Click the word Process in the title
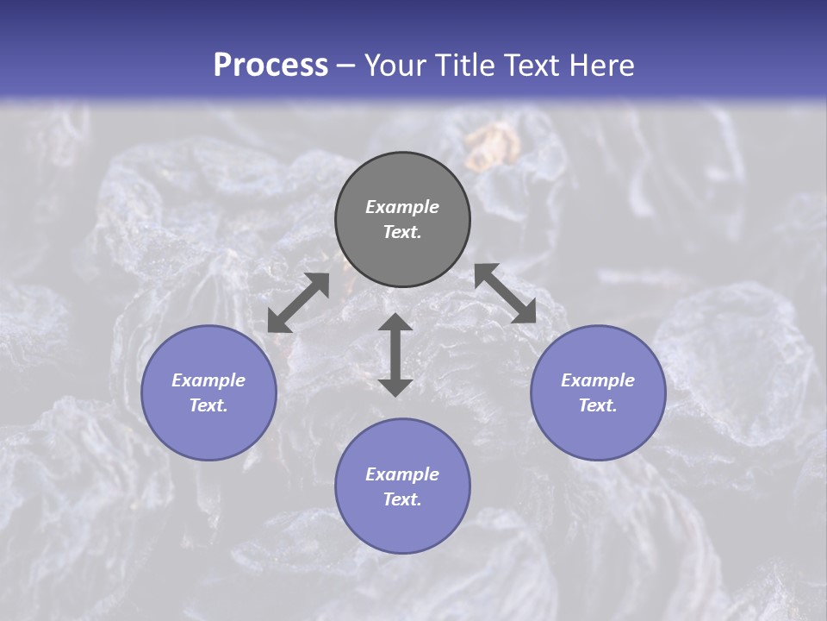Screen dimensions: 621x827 click(x=270, y=66)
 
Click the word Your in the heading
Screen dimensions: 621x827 click(x=393, y=66)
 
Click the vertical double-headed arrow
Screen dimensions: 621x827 click(x=395, y=354)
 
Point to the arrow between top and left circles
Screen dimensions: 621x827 click(x=298, y=303)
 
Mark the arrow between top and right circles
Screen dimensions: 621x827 click(x=505, y=293)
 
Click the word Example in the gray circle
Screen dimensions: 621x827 click(x=402, y=207)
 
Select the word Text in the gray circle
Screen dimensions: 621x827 click(x=401, y=232)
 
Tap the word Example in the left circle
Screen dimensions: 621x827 click(x=208, y=380)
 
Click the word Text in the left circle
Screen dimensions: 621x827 click(x=208, y=405)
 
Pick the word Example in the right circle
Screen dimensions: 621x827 click(x=598, y=380)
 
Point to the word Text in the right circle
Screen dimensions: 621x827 click(x=597, y=405)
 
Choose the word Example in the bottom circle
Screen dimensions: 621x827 click(x=402, y=474)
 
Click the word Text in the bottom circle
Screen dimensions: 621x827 click(x=401, y=499)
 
